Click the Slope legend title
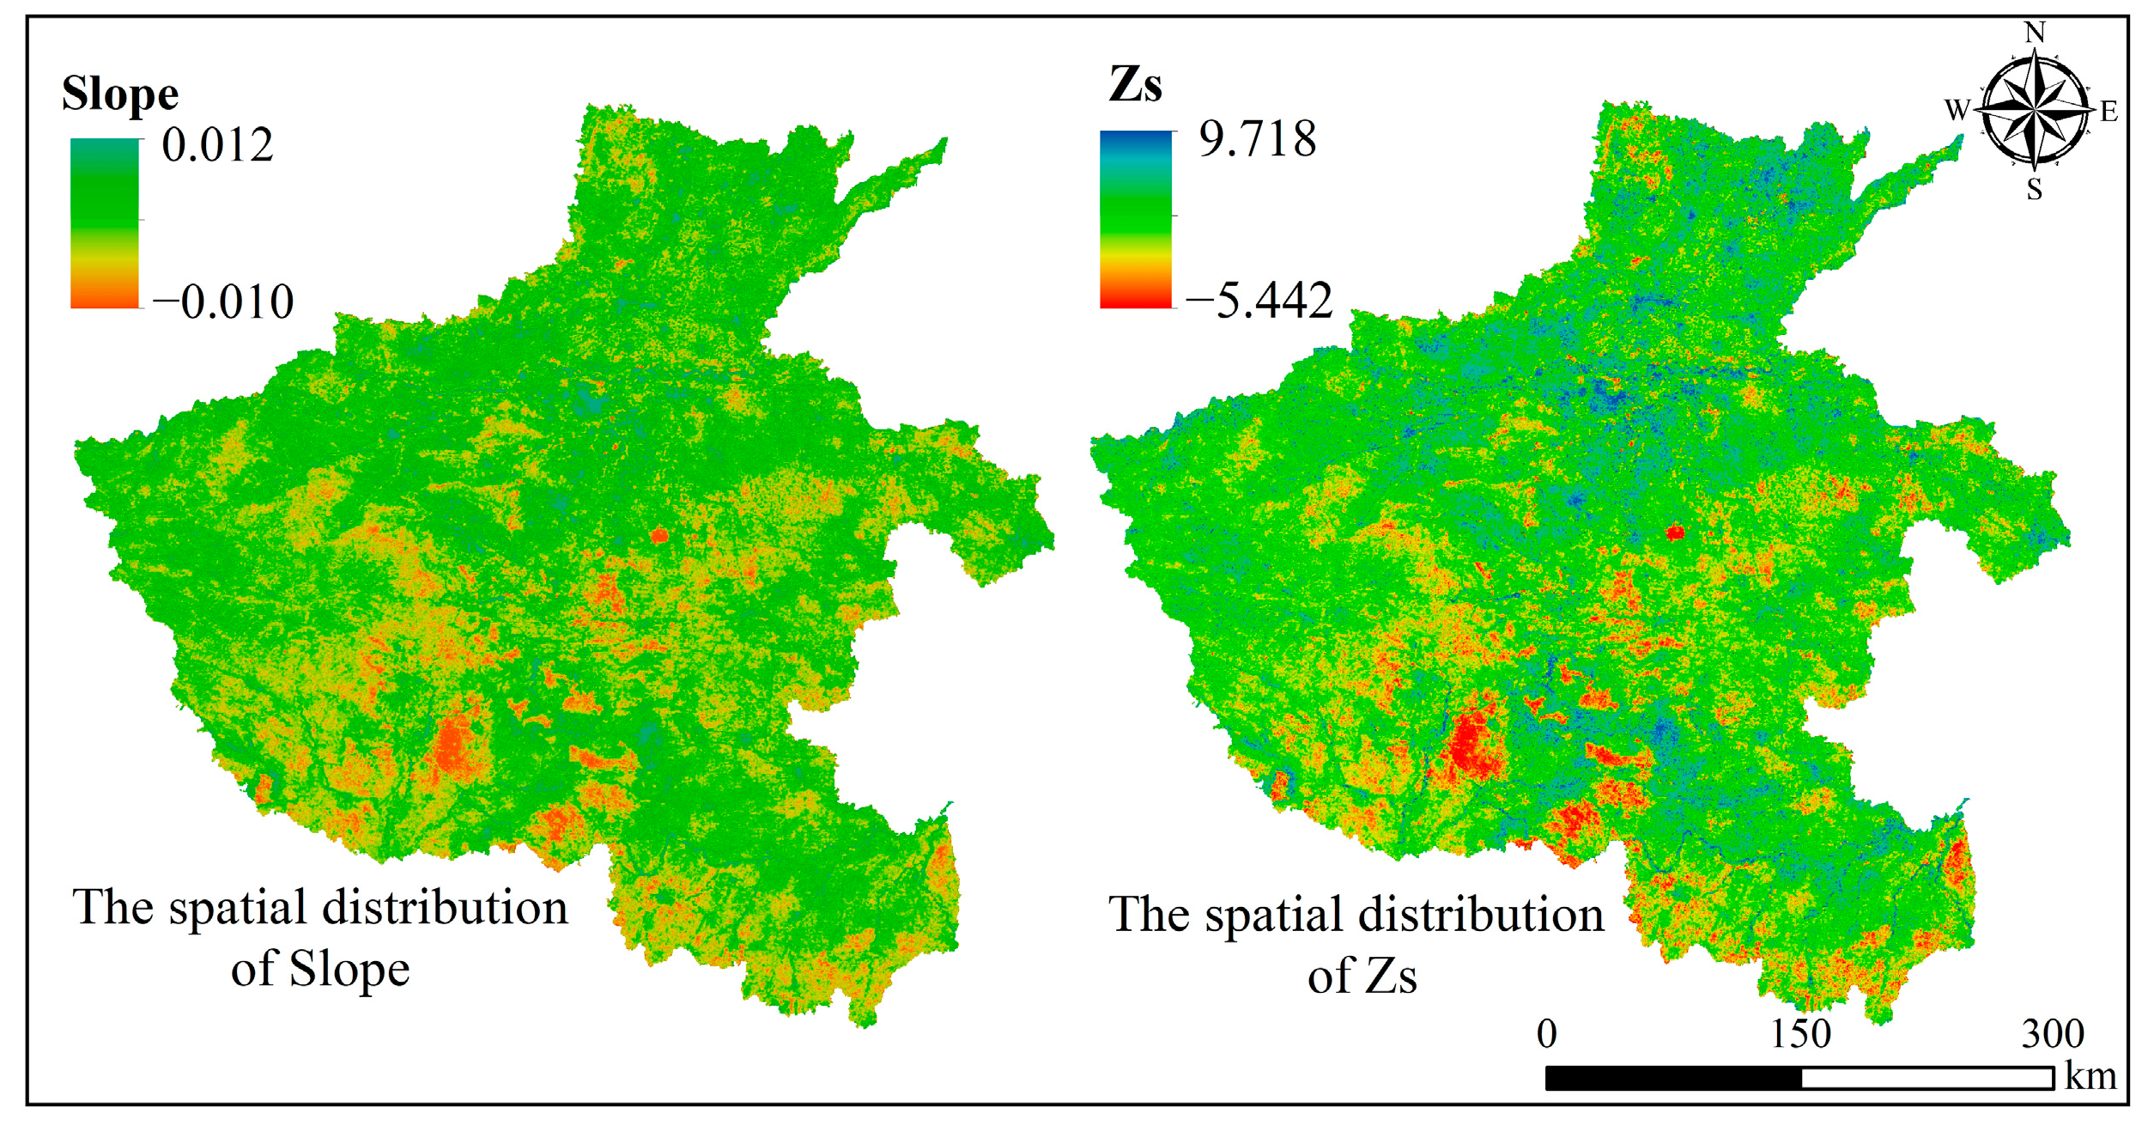120,94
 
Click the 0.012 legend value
217,144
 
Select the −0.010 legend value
223,301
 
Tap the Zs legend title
1135,85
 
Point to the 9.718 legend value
1257,139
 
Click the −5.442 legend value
1259,301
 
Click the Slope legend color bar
104,222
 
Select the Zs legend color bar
1135,219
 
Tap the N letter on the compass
2034,33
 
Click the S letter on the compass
2034,190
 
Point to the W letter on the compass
1957,110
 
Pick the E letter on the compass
2108,111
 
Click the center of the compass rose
2034,110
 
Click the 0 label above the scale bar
1546,1033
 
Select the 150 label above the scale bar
1801,1033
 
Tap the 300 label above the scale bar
2053,1033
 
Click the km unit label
2090,1076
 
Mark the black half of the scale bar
1673,1078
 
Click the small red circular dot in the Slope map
658,535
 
